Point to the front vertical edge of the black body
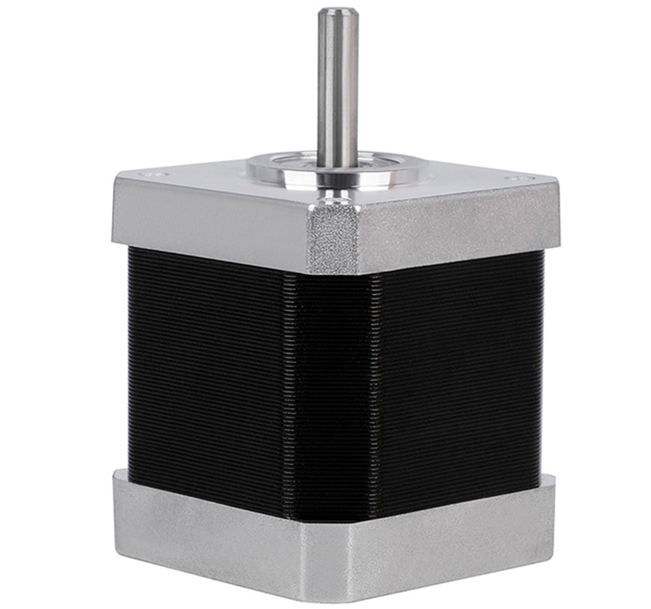point(332,396)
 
